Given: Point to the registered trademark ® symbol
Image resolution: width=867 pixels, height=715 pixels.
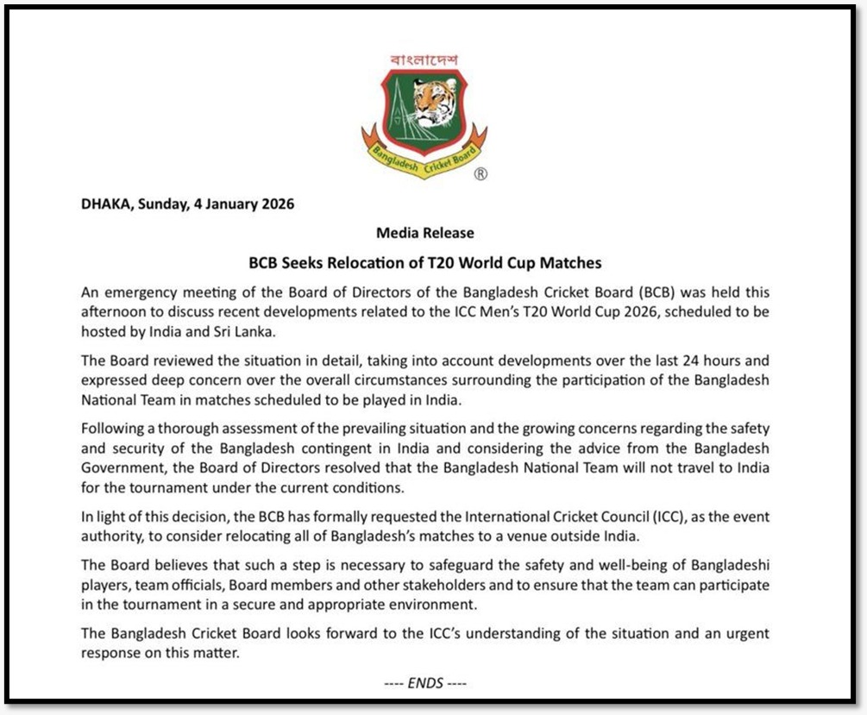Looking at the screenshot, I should pos(481,174).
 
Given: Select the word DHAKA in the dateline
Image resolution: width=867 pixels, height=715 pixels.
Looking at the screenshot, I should pos(102,204).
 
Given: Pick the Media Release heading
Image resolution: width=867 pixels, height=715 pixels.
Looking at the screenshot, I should pos(424,233).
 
